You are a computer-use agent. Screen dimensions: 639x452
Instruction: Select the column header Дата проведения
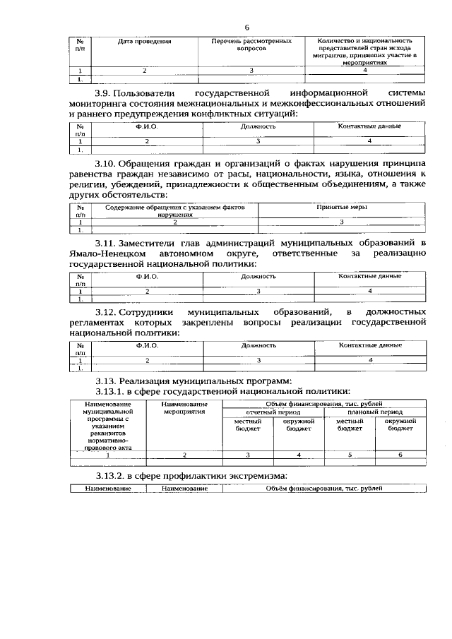145,42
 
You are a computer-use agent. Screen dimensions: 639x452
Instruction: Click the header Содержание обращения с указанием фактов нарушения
174,210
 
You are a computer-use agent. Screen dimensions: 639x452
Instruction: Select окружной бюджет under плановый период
400,424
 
